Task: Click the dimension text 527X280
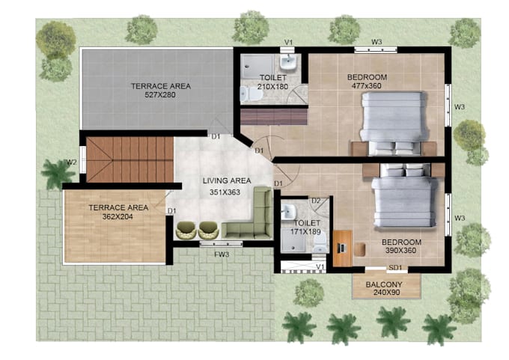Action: pos(160,95)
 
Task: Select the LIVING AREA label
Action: pos(226,180)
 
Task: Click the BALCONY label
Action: pos(385,285)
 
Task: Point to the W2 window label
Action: pos(72,162)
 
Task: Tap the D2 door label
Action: pos(316,201)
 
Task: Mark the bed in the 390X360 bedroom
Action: pos(403,197)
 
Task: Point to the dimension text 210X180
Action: pos(273,86)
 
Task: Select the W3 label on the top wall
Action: pos(377,41)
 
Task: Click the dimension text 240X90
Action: pos(385,294)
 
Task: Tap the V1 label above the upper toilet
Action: pos(288,42)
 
